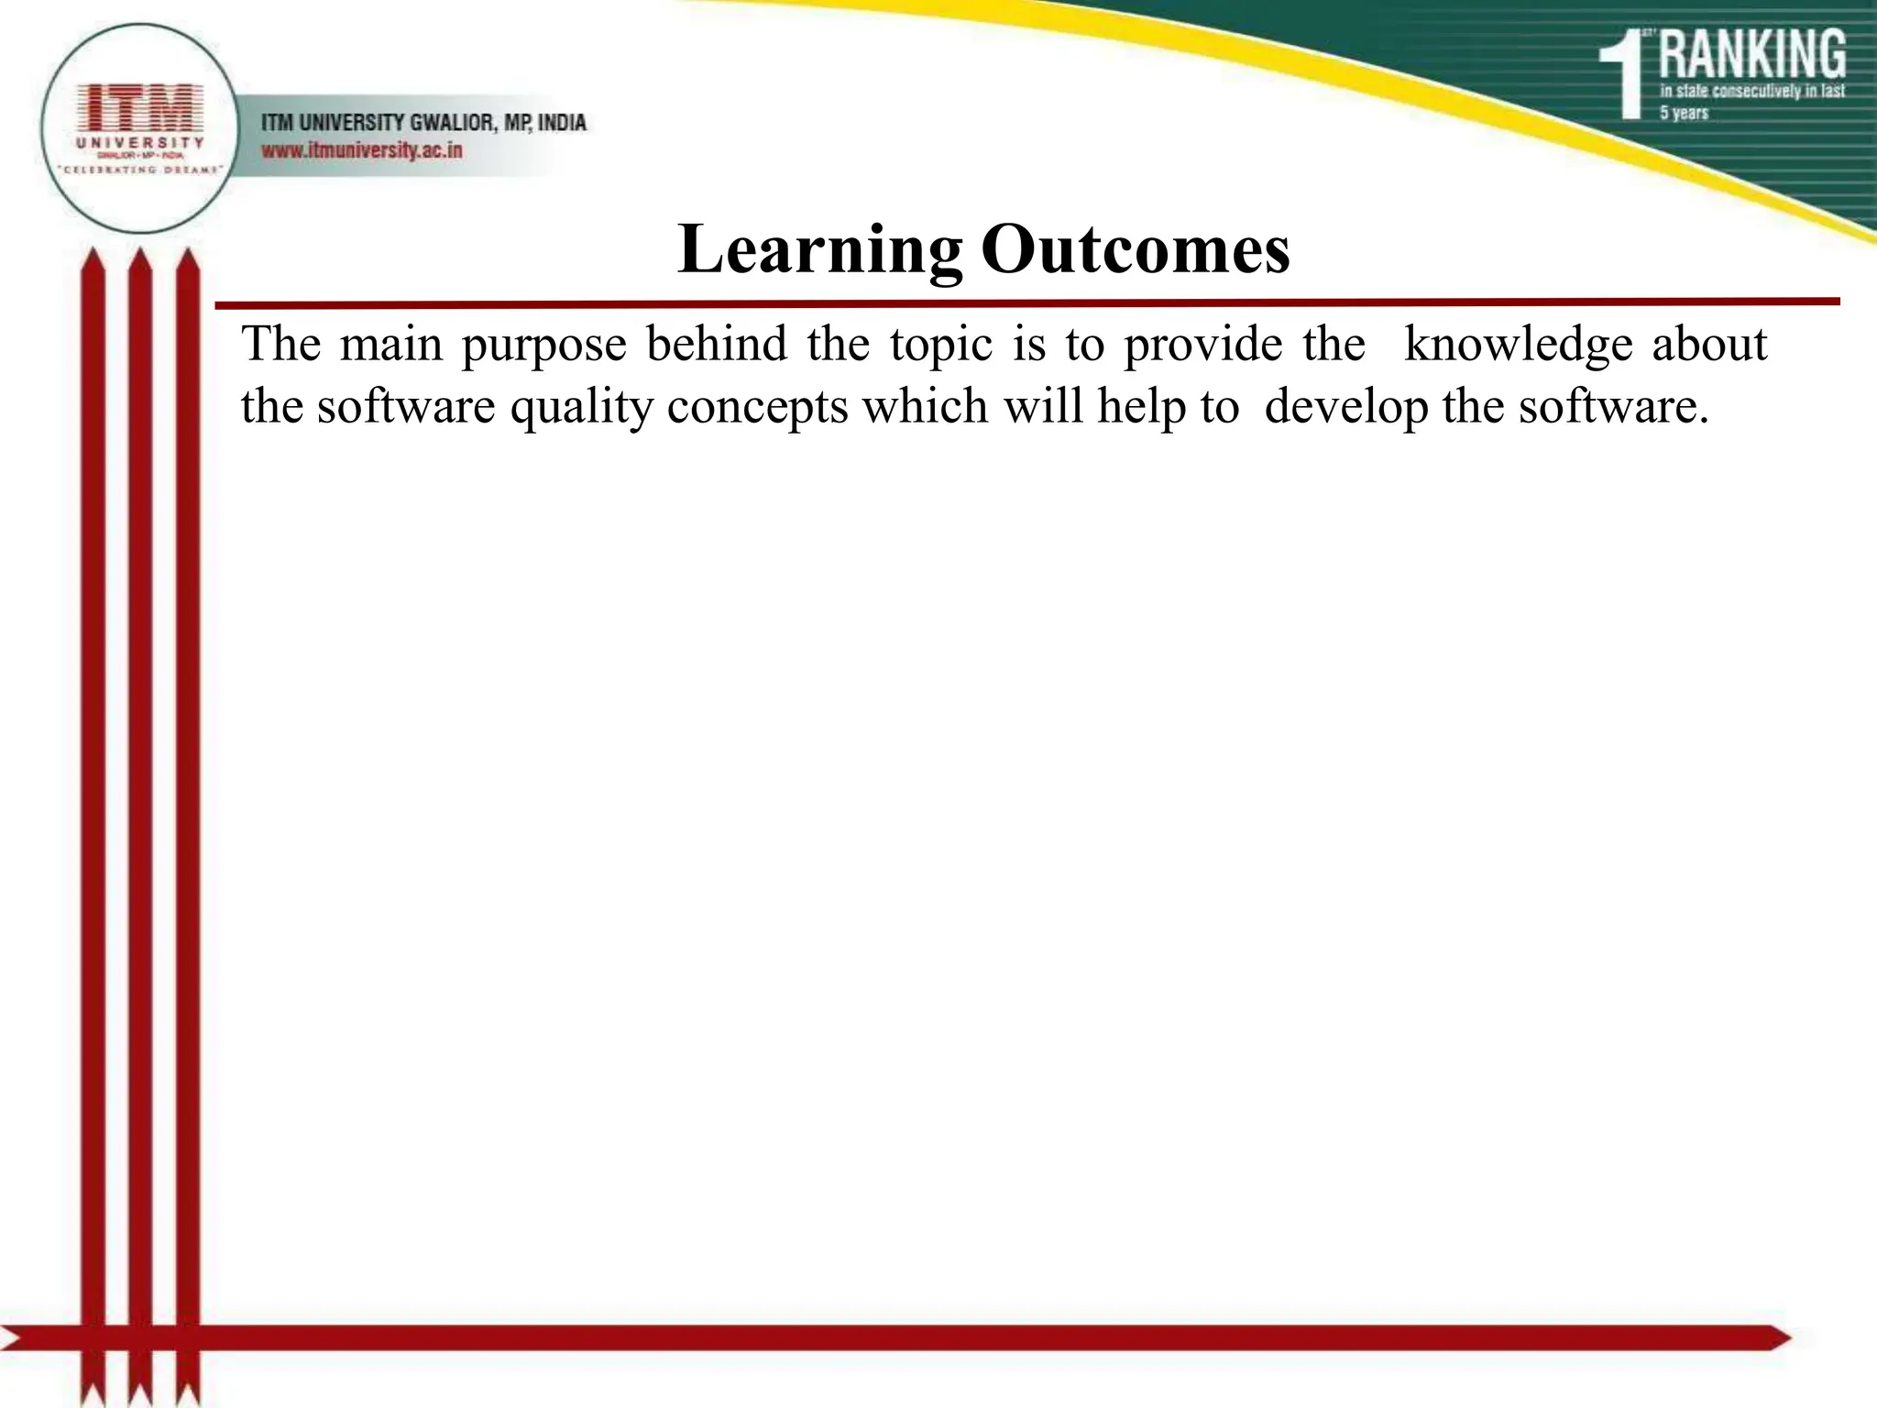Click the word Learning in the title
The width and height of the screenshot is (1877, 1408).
tap(819, 249)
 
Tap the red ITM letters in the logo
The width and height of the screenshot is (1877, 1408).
tap(140, 108)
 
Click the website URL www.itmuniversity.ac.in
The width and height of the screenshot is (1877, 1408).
tap(362, 150)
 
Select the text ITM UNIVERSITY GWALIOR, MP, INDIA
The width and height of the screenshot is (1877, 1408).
tap(423, 122)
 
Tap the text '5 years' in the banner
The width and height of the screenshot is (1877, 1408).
tap(1685, 114)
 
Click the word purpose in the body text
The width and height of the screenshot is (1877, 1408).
tap(543, 346)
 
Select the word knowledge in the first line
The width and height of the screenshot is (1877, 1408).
tap(1518, 346)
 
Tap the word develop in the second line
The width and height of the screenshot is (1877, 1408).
tap(1345, 406)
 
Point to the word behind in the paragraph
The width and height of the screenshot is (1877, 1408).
tap(717, 346)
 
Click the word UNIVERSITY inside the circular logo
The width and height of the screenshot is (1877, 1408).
tap(140, 143)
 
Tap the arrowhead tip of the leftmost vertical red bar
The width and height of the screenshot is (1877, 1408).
tap(93, 254)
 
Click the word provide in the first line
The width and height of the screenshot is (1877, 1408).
tap(1202, 346)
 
